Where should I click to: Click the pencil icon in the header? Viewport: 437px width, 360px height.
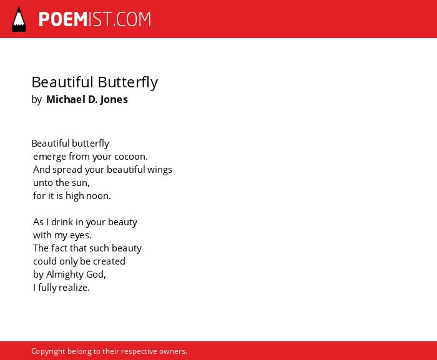tap(19, 19)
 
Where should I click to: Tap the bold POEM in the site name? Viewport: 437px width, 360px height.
tap(63, 19)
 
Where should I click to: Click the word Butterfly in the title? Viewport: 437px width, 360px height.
tap(127, 82)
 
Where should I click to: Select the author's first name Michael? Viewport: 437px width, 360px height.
tap(66, 99)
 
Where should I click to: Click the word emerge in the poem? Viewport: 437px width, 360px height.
tap(49, 157)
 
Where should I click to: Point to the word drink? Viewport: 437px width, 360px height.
tap(62, 221)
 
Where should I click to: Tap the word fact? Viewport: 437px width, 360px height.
tap(59, 248)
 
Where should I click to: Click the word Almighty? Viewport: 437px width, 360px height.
tap(65, 275)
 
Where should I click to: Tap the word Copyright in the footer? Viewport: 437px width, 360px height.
tap(48, 351)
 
